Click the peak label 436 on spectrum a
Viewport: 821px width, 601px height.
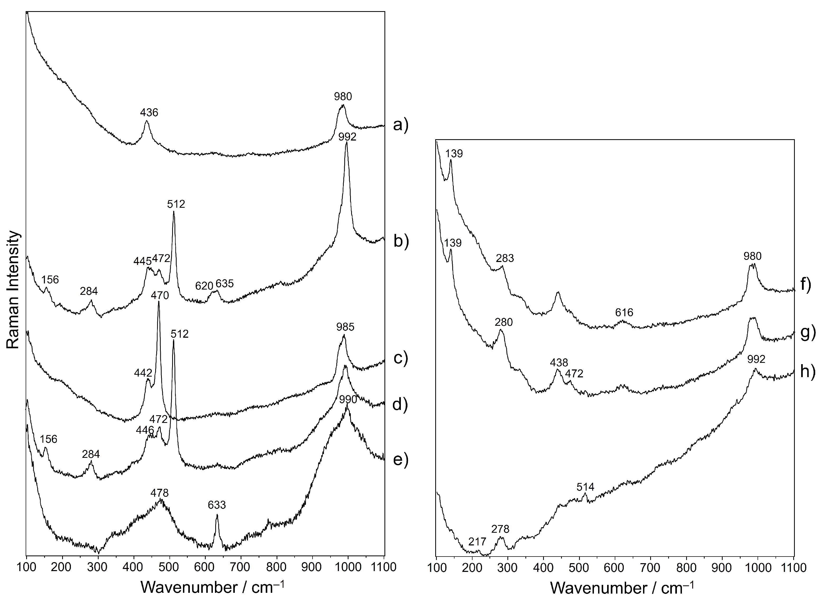point(149,113)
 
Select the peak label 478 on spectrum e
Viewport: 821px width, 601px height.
point(159,493)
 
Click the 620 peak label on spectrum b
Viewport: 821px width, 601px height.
point(204,286)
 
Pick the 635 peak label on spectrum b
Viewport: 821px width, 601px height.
point(224,283)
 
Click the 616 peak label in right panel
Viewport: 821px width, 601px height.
point(624,312)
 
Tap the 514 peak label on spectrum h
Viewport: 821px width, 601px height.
point(585,487)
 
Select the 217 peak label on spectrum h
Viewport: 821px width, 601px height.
point(477,542)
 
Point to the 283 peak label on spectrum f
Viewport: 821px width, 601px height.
point(505,258)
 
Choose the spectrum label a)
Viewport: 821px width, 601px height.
point(401,125)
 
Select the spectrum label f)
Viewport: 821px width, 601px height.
point(806,284)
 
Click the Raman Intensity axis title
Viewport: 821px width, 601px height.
point(13,290)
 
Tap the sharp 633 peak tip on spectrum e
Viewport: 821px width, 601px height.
point(217,515)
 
